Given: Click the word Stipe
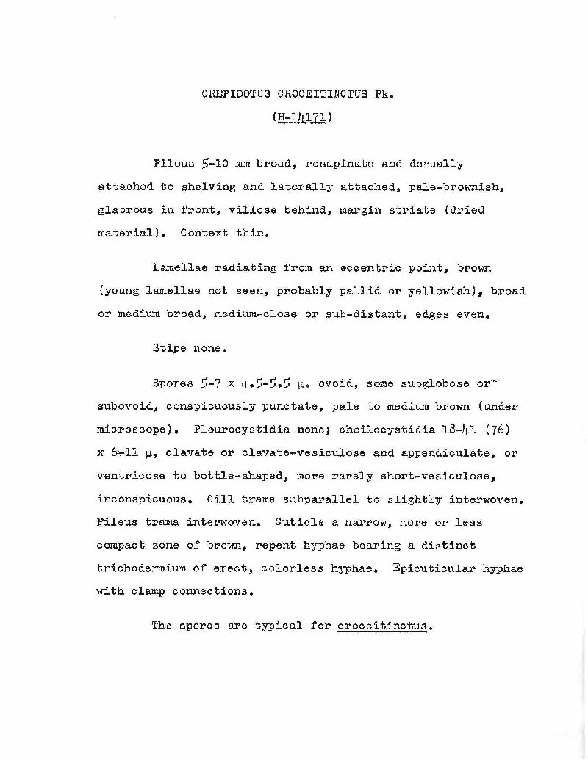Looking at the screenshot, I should click(x=168, y=348).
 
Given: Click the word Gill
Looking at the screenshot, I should click(x=220, y=499).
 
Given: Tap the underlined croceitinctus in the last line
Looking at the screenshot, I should click(x=383, y=626).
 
